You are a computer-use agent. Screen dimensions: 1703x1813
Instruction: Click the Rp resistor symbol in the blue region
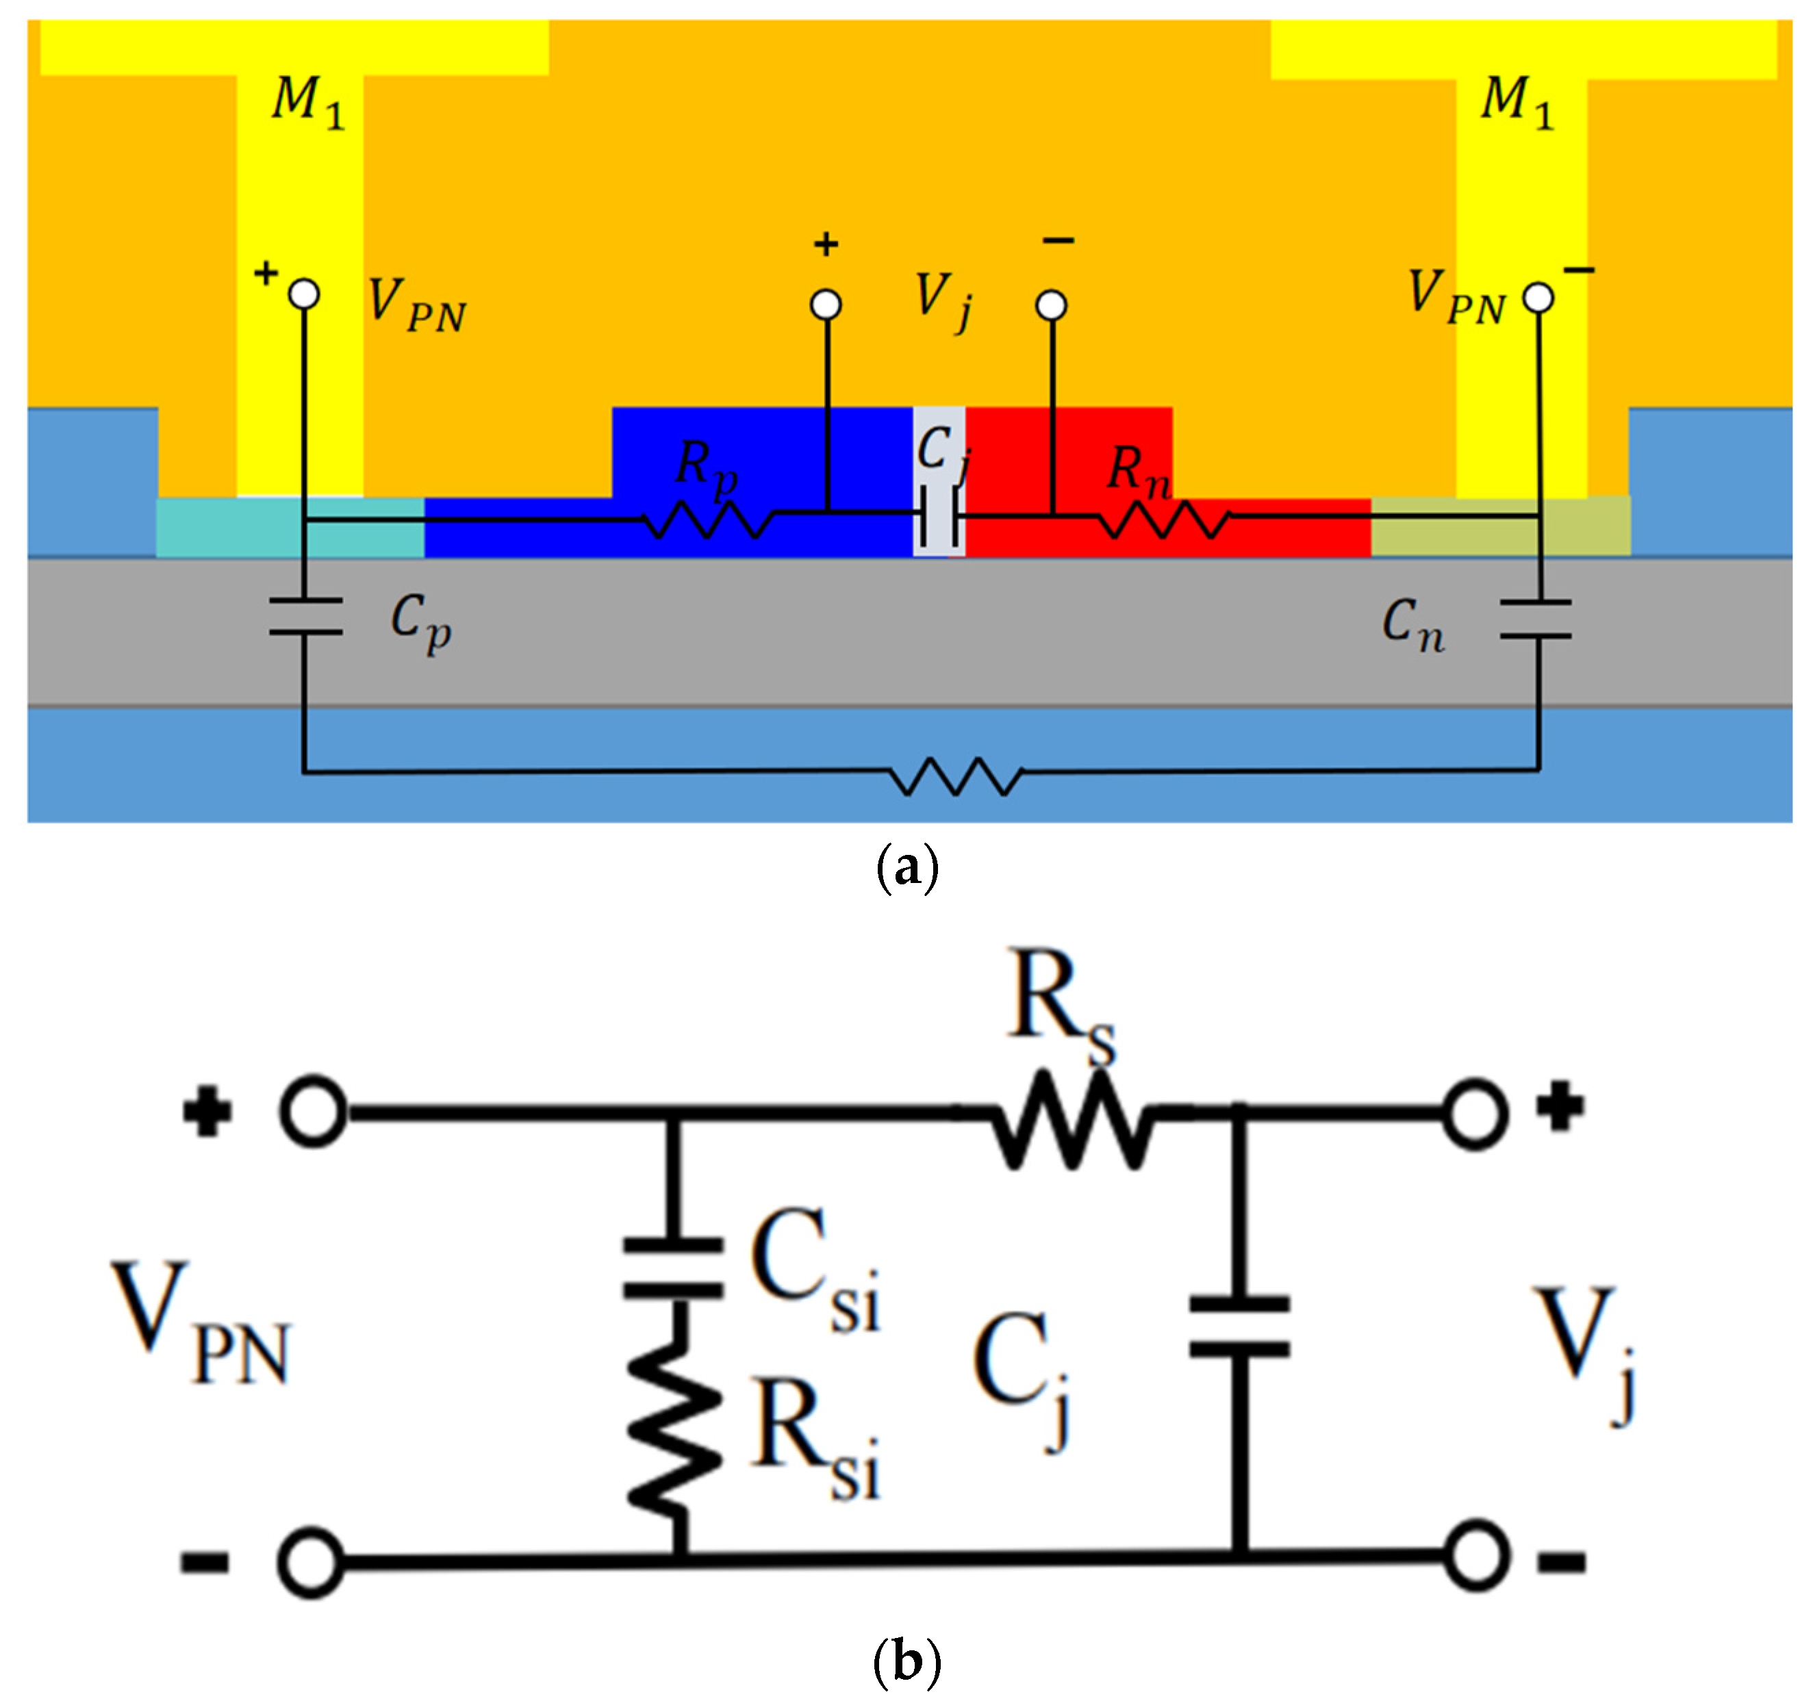pos(709,521)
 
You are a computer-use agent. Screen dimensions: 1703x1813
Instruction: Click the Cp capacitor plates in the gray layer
pos(305,616)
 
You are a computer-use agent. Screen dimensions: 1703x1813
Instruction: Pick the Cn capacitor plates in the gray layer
pos(1536,619)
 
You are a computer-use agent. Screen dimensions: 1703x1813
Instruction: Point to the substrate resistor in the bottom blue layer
pos(956,776)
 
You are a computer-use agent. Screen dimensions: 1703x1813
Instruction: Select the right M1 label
pos(1517,101)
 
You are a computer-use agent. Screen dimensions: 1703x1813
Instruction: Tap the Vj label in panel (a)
pos(943,300)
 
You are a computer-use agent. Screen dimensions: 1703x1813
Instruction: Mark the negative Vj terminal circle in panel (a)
pos(1052,305)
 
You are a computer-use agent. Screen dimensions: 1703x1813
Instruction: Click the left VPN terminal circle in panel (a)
pos(304,294)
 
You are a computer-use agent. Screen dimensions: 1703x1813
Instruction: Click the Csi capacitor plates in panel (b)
pos(673,1267)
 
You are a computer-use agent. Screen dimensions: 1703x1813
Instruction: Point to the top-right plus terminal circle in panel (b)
pos(1475,1113)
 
